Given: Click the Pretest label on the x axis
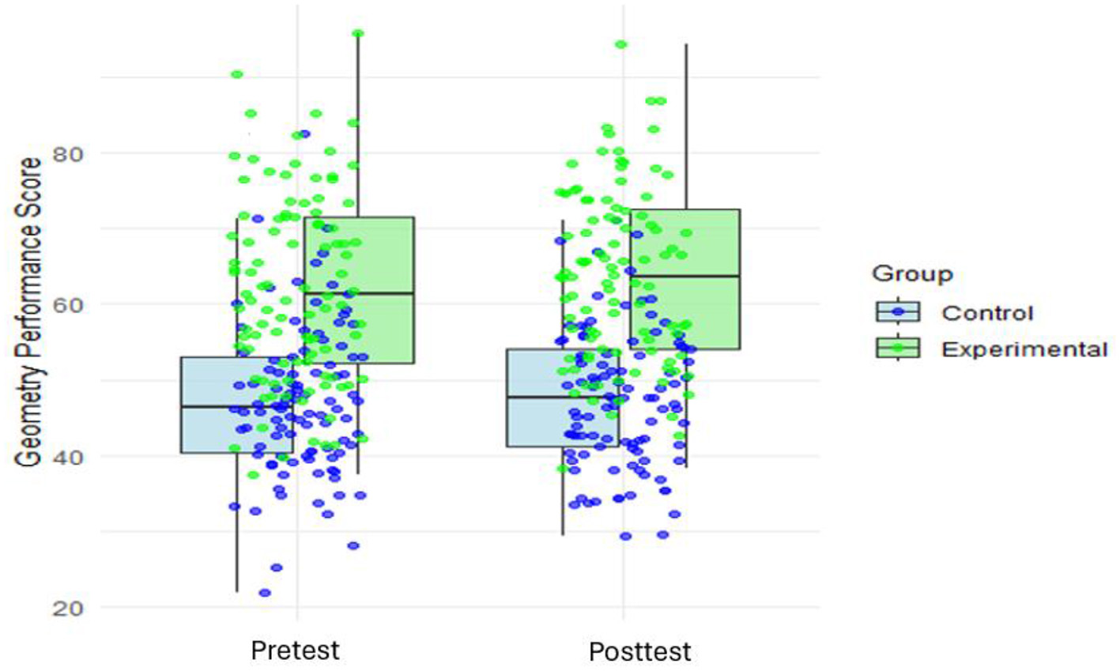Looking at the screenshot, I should (295, 650).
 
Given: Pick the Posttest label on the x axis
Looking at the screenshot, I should (639, 652).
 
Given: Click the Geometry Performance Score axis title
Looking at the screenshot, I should (29, 312).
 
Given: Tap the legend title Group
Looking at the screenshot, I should (912, 274).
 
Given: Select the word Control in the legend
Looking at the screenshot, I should (987, 313).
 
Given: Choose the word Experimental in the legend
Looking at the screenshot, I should (1024, 349).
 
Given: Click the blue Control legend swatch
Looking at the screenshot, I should (898, 312).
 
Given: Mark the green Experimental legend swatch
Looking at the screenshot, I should (898, 349).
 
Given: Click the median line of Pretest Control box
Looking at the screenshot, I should (236, 406).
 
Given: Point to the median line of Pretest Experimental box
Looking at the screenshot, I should (359, 293).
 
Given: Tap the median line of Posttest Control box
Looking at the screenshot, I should (562, 397).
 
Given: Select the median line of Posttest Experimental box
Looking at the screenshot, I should (684, 276).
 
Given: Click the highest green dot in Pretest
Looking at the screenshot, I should (357, 33).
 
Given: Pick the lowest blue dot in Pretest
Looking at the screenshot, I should (265, 593).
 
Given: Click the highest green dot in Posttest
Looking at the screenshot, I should (621, 44).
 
